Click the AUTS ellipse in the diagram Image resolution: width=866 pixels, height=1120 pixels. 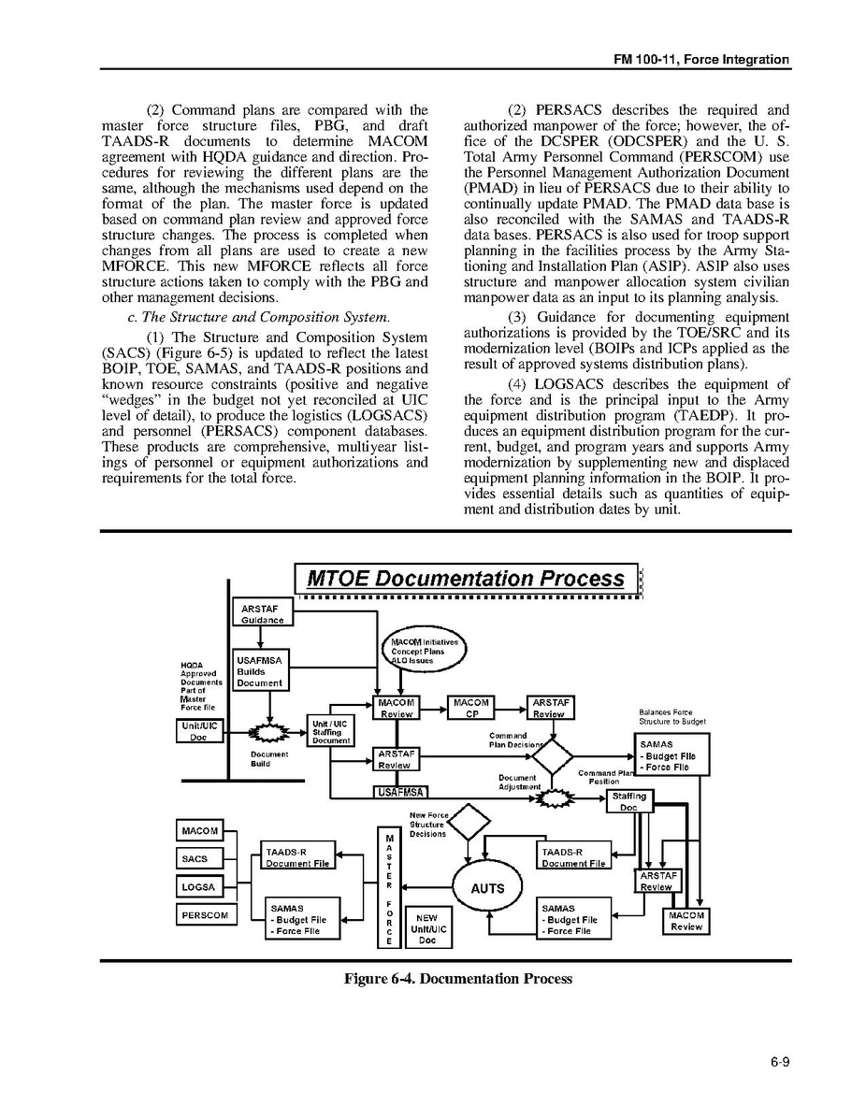point(487,888)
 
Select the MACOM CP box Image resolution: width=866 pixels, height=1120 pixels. point(470,708)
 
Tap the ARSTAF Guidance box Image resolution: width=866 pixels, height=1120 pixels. point(261,613)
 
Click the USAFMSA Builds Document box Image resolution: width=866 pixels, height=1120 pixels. point(260,671)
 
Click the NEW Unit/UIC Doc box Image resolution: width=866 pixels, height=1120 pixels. point(427,928)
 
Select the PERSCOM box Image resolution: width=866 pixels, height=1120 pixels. point(206,914)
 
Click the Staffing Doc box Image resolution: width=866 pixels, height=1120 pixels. point(628,801)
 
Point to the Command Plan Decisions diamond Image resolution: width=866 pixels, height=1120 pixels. point(552,755)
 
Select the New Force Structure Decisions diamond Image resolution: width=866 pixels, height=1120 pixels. point(469,824)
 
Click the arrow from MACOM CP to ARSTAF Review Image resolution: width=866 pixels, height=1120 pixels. point(510,709)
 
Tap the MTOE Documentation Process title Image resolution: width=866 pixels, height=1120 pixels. point(465,579)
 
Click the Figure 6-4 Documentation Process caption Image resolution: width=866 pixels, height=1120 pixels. point(457,979)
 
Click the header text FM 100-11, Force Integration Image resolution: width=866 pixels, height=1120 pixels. point(701,60)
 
